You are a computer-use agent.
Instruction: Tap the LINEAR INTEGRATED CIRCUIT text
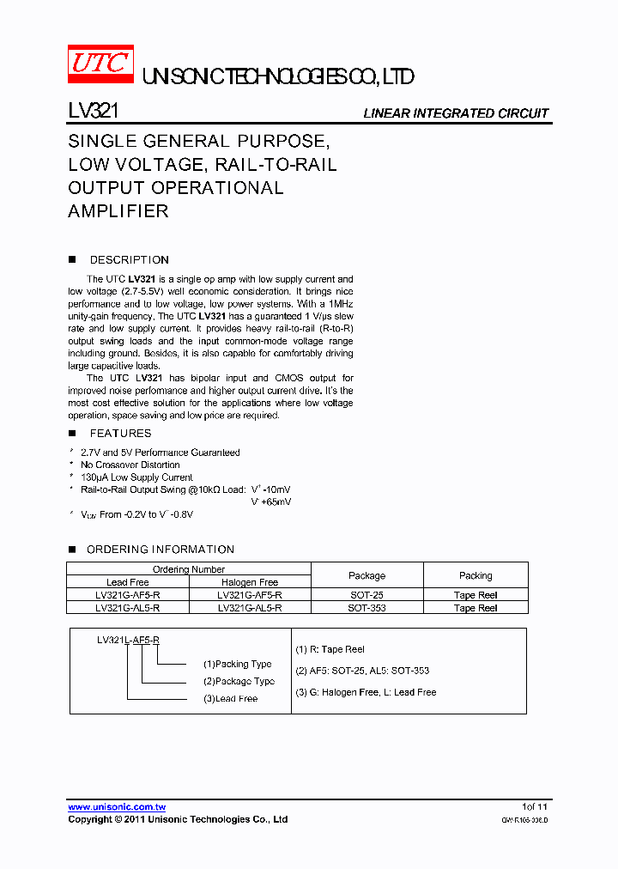coord(455,113)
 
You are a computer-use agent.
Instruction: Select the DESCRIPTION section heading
coord(129,260)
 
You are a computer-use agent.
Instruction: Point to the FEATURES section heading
coord(120,434)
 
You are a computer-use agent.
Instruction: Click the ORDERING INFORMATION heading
coord(160,550)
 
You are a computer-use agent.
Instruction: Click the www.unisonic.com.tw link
coord(117,807)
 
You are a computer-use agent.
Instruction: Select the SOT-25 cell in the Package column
coord(367,594)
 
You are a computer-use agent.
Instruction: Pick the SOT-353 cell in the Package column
coord(367,607)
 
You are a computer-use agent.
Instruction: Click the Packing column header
coord(476,575)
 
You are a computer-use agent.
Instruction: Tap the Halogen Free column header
coord(250,582)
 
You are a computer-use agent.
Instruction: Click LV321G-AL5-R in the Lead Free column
coord(128,607)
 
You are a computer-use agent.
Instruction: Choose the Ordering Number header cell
coord(189,569)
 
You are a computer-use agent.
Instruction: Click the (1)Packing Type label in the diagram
coord(237,664)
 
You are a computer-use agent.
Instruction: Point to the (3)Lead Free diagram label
coord(230,699)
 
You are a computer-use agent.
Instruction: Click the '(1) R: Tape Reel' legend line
coord(330,650)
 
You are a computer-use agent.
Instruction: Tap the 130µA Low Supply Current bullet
coord(136,477)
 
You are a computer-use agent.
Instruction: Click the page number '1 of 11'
coord(534,807)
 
